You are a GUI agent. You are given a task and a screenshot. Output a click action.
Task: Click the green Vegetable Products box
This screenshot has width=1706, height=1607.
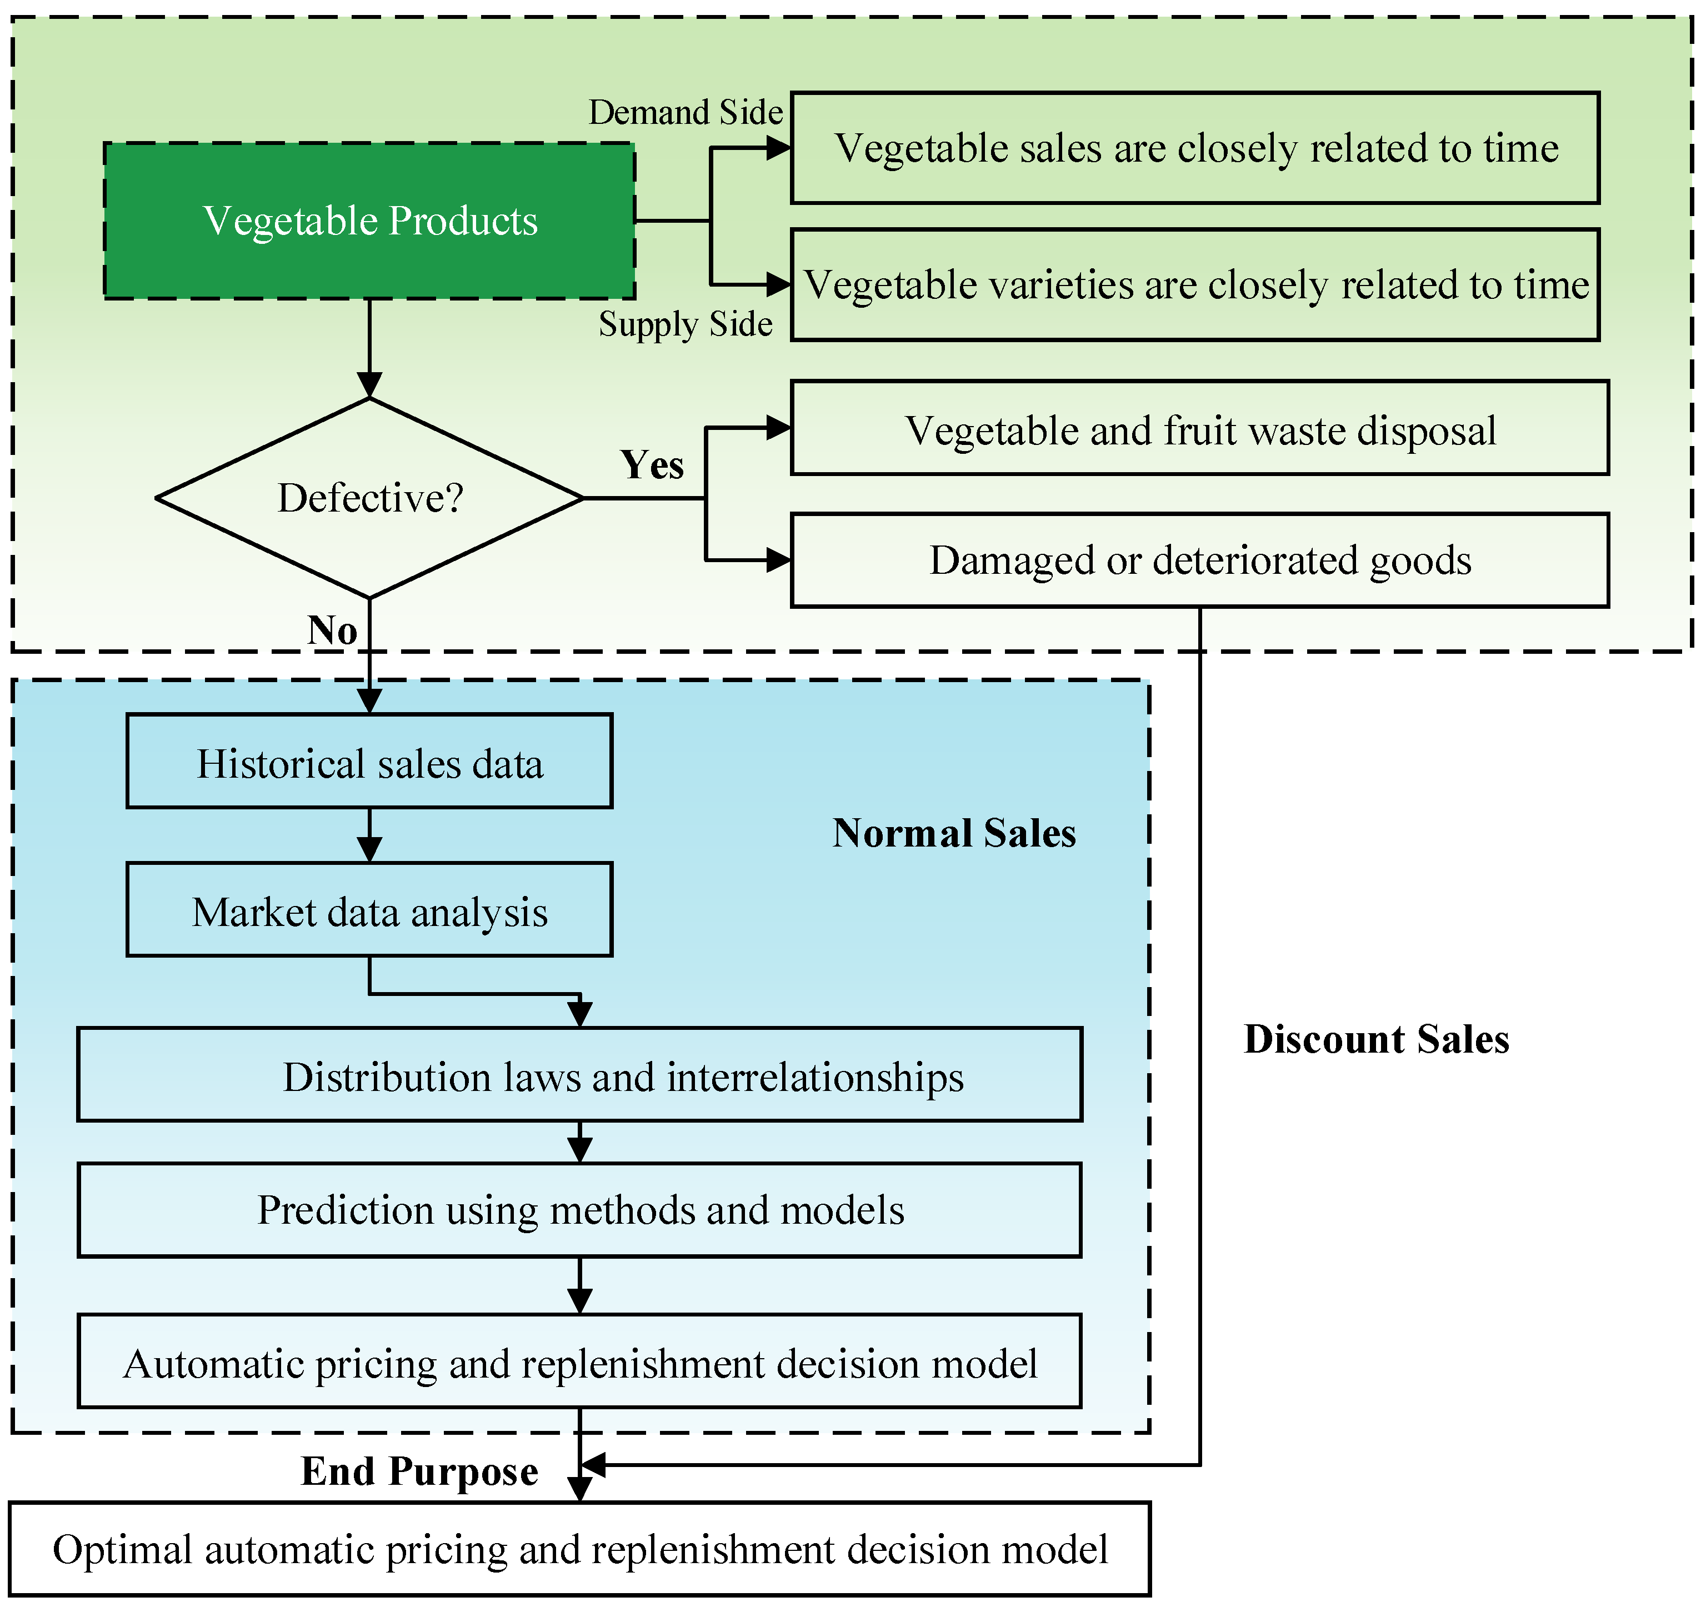[x=369, y=222]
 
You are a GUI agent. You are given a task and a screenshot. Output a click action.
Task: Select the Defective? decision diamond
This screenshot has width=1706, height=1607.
[x=369, y=498]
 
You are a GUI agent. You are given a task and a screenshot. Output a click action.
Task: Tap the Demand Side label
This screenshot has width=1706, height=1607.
[x=685, y=112]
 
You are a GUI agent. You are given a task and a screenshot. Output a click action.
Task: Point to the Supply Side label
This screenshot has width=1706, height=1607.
[x=685, y=324]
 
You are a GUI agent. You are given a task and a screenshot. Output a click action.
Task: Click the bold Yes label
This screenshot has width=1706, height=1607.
[x=652, y=465]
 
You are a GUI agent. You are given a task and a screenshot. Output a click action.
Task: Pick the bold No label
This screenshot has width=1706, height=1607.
[x=332, y=630]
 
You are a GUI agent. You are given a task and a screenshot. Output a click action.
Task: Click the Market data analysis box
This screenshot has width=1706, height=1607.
[x=369, y=911]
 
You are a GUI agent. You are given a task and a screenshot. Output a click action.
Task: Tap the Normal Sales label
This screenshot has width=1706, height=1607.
[x=953, y=833]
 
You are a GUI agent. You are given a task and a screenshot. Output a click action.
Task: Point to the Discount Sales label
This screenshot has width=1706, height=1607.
[x=1375, y=1039]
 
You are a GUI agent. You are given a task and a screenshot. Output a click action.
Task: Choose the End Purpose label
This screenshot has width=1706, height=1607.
[x=419, y=1471]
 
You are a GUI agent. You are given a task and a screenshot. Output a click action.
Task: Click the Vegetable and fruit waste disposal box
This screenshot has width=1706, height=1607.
[x=1199, y=429]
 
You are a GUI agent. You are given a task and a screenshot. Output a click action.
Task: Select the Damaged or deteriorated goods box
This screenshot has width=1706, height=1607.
[x=1199, y=560]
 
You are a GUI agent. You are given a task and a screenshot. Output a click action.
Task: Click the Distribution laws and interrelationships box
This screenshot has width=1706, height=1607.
[x=579, y=1076]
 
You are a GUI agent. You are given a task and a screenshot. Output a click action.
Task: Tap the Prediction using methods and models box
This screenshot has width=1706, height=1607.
[x=579, y=1210]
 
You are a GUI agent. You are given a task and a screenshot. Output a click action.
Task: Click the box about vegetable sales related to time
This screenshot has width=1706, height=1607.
[x=1194, y=148]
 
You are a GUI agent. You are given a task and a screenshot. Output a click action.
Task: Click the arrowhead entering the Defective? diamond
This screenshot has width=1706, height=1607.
[x=369, y=386]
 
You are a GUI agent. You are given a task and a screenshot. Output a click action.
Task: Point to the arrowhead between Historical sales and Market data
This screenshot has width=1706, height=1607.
[x=369, y=850]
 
